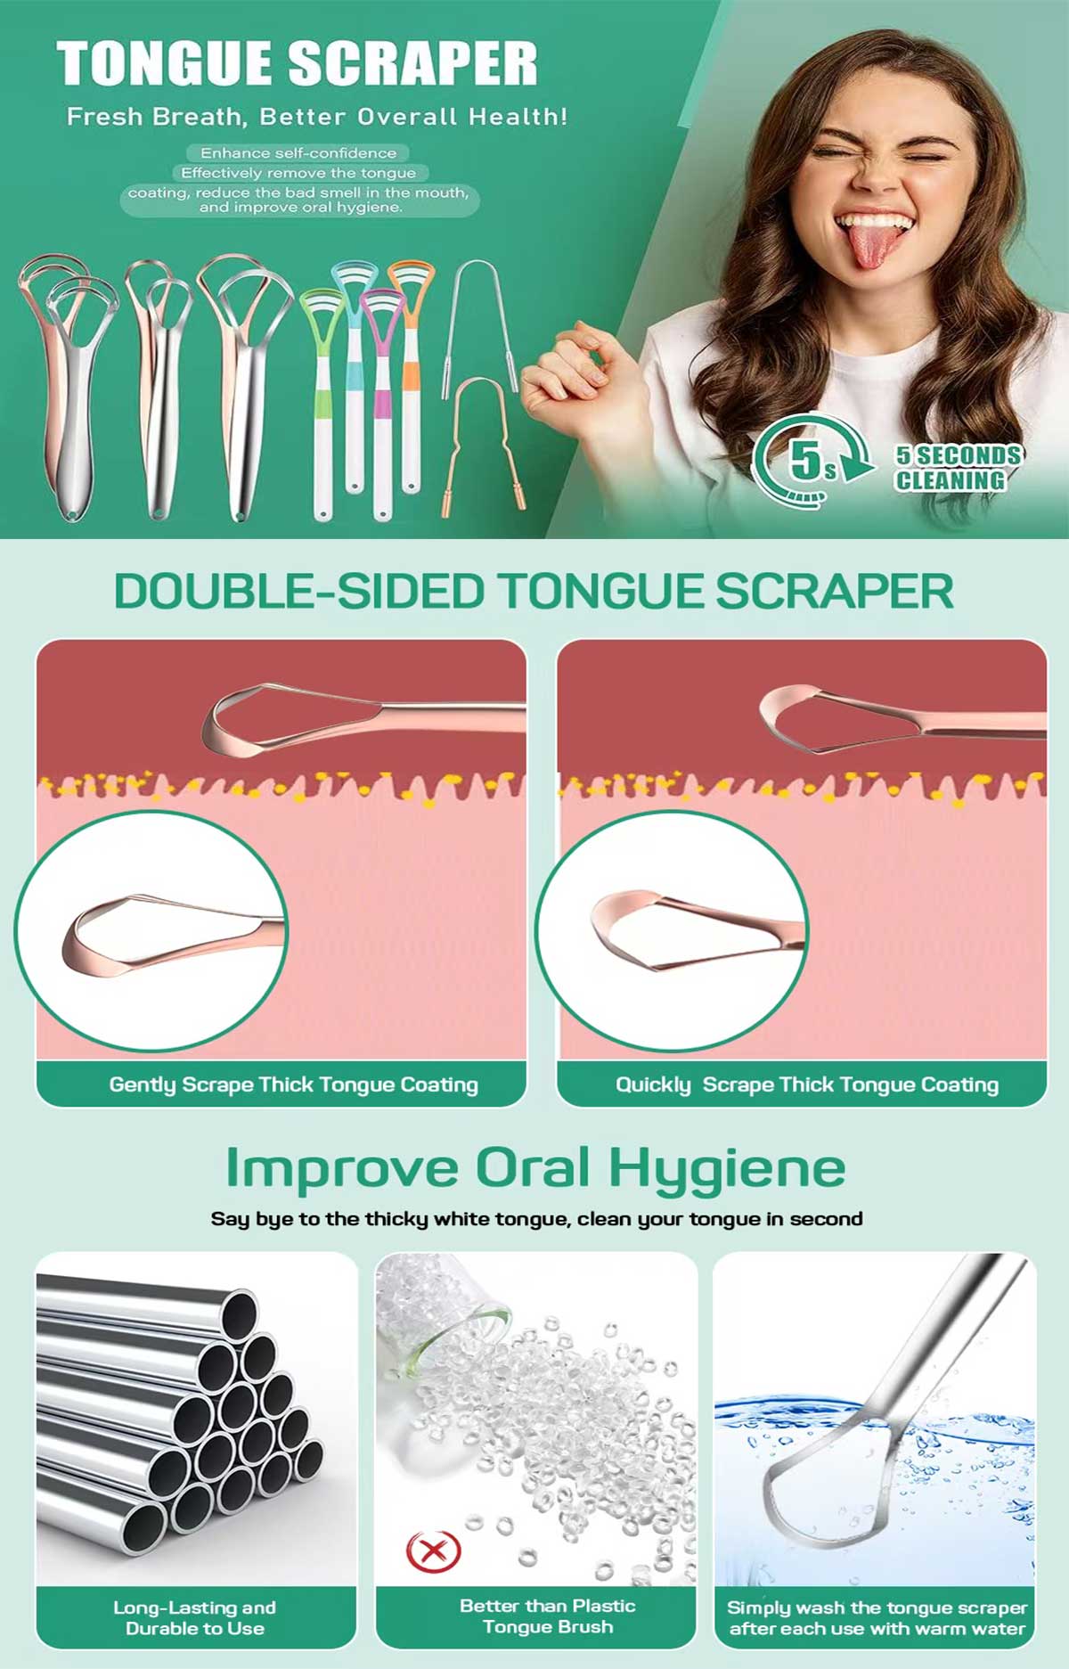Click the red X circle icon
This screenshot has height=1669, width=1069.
coord(434,1551)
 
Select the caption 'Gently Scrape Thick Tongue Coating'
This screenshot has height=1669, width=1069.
coord(293,1084)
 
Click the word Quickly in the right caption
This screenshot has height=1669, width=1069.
coord(653,1084)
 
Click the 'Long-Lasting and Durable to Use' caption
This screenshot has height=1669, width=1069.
coord(195,1617)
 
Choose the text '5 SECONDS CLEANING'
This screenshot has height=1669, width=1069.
coord(959,468)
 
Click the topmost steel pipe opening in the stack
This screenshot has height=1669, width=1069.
coord(239,1312)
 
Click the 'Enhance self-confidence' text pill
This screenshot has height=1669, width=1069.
coord(298,153)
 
